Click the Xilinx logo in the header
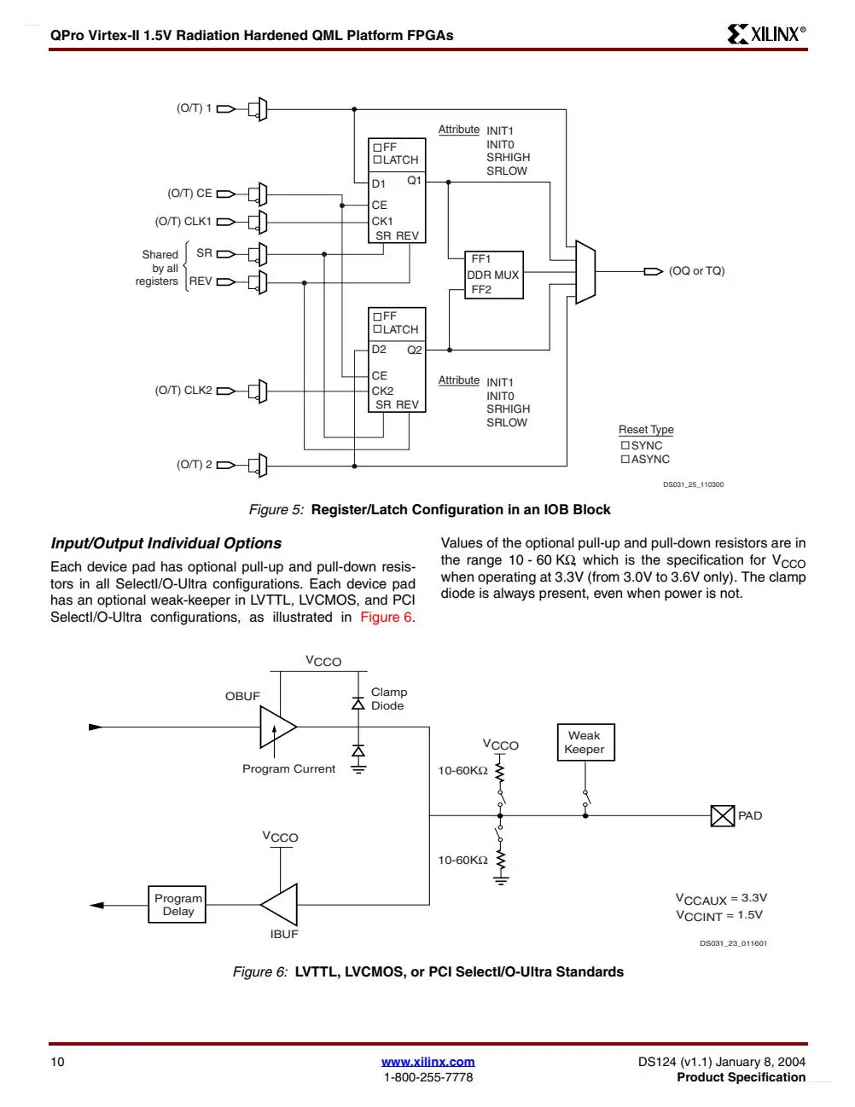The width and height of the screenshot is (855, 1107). click(x=766, y=34)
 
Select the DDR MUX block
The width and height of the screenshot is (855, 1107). click(x=493, y=275)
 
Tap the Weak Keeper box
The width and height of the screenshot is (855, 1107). click(x=585, y=742)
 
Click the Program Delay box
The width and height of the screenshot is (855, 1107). click(x=177, y=904)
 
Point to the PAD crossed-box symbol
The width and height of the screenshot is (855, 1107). click(x=722, y=815)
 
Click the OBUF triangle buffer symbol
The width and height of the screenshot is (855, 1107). click(x=277, y=727)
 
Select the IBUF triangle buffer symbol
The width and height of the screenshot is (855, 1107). click(x=280, y=904)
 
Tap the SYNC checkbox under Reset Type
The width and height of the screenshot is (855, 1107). click(x=625, y=445)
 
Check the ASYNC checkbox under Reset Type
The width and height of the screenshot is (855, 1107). click(x=625, y=459)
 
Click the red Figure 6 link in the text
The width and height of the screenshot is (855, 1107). click(x=386, y=617)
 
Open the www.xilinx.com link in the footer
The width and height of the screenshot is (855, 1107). click(x=428, y=1062)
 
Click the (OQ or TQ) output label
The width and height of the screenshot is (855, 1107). click(x=696, y=270)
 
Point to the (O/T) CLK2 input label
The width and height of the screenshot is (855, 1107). click(x=183, y=391)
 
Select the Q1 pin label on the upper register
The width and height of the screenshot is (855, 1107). click(x=414, y=180)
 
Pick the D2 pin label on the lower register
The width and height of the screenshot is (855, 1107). click(x=379, y=350)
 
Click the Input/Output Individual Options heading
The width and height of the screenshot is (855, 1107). click(x=166, y=543)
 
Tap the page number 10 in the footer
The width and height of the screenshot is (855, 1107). click(x=57, y=1062)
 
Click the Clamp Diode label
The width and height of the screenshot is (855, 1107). click(x=389, y=698)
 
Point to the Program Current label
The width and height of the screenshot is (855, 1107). click(x=288, y=768)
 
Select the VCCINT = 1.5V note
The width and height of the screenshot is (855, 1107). click(x=719, y=915)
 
